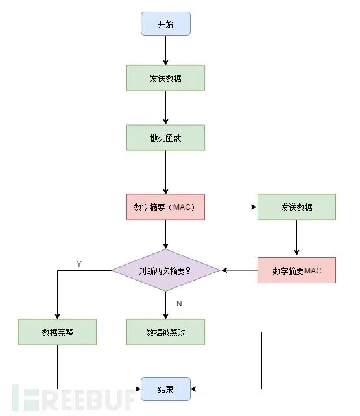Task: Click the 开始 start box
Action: [x=165, y=23]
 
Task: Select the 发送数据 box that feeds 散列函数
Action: [x=165, y=78]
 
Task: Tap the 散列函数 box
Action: [x=165, y=137]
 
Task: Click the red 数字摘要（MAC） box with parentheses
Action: [x=165, y=207]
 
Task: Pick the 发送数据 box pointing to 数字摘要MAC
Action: [x=296, y=207]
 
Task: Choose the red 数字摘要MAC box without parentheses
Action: [x=296, y=270]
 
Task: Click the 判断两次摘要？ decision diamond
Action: [x=165, y=270]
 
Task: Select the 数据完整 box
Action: [x=57, y=332]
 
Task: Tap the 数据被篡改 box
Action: [x=165, y=332]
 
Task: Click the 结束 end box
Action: [x=165, y=389]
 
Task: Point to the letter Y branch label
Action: [x=78, y=264]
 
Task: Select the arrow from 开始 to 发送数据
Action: [x=165, y=50]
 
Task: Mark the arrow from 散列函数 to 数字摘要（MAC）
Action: [x=165, y=172]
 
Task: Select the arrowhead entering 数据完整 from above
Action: [x=57, y=316]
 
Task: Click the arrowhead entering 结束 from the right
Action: [x=195, y=389]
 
